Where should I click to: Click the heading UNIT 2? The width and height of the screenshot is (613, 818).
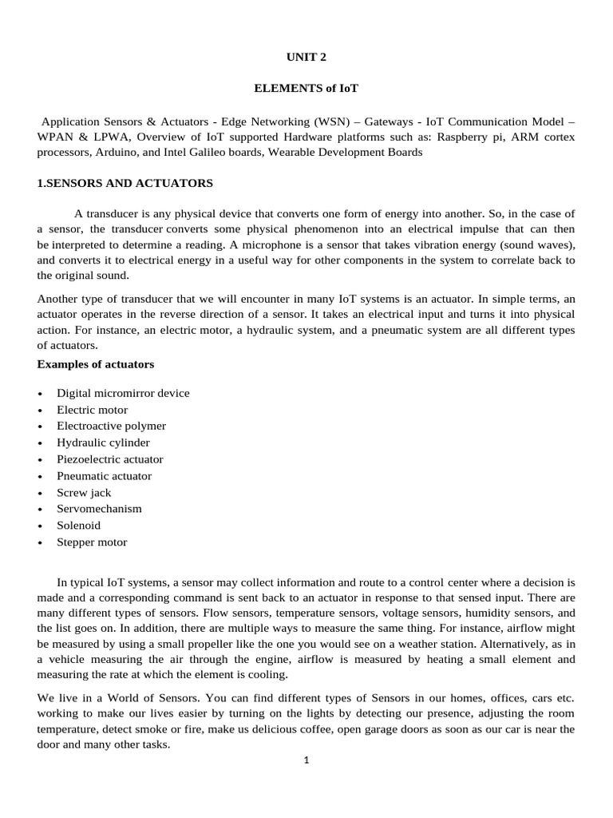tap(306, 57)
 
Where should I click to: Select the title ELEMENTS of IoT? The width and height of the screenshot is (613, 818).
tap(306, 89)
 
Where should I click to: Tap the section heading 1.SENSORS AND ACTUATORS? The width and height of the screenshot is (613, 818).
tap(125, 183)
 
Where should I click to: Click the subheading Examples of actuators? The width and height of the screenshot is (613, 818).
tap(96, 364)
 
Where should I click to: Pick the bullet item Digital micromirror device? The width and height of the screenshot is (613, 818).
tap(123, 393)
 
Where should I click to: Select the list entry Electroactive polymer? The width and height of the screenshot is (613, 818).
tap(111, 426)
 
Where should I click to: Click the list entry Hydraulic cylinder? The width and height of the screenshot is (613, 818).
tap(103, 443)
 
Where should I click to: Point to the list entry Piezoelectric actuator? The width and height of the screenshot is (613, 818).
tap(109, 459)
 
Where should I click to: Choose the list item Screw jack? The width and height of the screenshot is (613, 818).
tap(84, 493)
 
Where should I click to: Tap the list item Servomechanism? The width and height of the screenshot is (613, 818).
tap(99, 509)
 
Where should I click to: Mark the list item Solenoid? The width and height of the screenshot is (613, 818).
tap(78, 526)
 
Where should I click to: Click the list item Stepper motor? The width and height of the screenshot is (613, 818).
tap(92, 542)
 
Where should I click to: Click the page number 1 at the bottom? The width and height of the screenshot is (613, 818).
tap(306, 760)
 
